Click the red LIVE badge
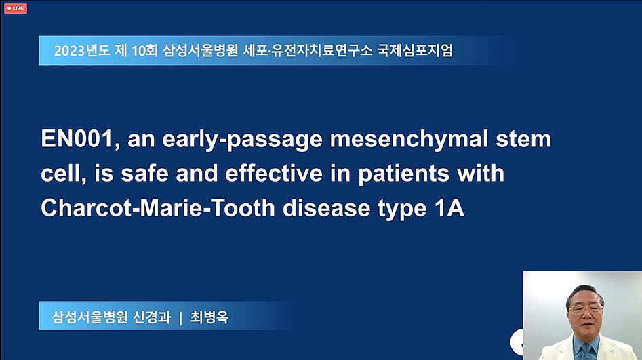[x=16, y=8]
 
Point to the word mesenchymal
[x=409, y=139]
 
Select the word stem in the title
[x=523, y=139]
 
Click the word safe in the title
[x=144, y=174]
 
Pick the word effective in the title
[x=274, y=174]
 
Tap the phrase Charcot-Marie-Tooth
[x=158, y=208]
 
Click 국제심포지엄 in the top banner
[x=414, y=50]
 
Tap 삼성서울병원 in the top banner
[x=201, y=50]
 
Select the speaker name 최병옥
[x=209, y=317]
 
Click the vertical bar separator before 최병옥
[x=180, y=318]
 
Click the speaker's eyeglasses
[x=586, y=308]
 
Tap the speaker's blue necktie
[x=587, y=351]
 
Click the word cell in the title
[x=63, y=174]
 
